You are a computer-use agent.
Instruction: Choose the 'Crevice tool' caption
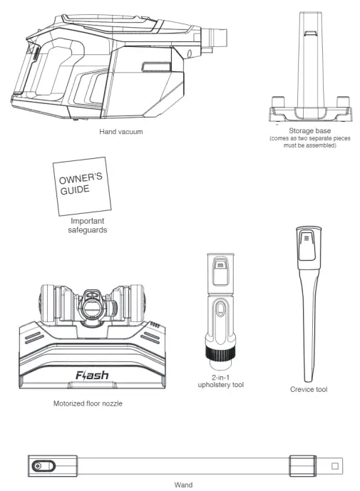pyautogui.click(x=309, y=390)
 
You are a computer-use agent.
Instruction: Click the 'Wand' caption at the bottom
pyautogui.click(x=182, y=484)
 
